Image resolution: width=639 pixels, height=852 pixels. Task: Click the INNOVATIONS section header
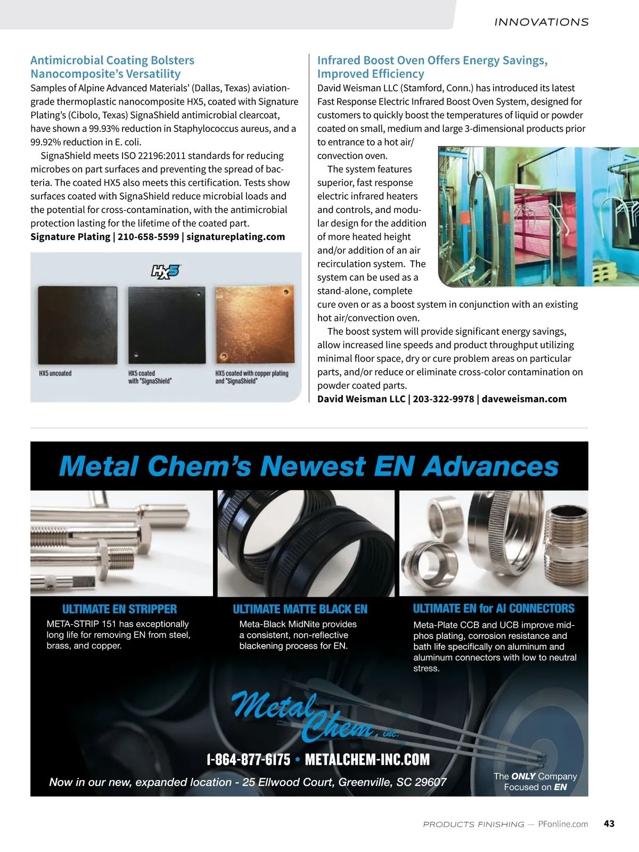pos(541,22)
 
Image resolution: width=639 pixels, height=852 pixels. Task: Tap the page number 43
pos(609,824)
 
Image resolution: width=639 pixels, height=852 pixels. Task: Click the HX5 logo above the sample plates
pos(166,272)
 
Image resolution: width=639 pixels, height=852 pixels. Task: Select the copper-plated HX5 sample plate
pos(254,325)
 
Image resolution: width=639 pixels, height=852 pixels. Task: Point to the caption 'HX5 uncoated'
pos(55,373)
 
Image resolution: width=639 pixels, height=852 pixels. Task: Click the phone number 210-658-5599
pos(148,237)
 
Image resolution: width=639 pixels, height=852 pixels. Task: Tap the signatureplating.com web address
pos(235,237)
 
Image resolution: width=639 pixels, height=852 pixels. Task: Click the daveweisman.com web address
pos(524,399)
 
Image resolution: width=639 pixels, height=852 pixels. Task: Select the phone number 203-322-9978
pos(443,399)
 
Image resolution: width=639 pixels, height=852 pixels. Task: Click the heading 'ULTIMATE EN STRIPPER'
pos(119,609)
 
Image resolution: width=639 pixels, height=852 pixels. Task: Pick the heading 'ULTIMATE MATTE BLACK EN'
pos(300,609)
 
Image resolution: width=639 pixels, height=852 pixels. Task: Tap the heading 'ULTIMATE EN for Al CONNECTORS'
pos(494,609)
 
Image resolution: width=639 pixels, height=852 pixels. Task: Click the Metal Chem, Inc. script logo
pos(314,717)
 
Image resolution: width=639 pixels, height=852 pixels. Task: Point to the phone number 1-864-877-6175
pos(248,760)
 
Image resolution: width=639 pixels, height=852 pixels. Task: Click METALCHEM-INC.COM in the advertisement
pos(367,760)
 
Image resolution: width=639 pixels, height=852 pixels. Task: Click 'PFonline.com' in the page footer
pos(563,824)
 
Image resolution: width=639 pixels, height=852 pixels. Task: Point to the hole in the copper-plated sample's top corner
pos(286,292)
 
